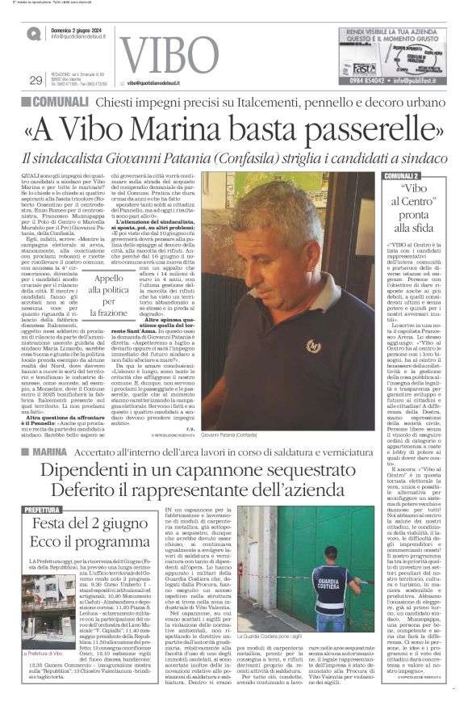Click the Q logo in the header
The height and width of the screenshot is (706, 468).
tap(33, 35)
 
